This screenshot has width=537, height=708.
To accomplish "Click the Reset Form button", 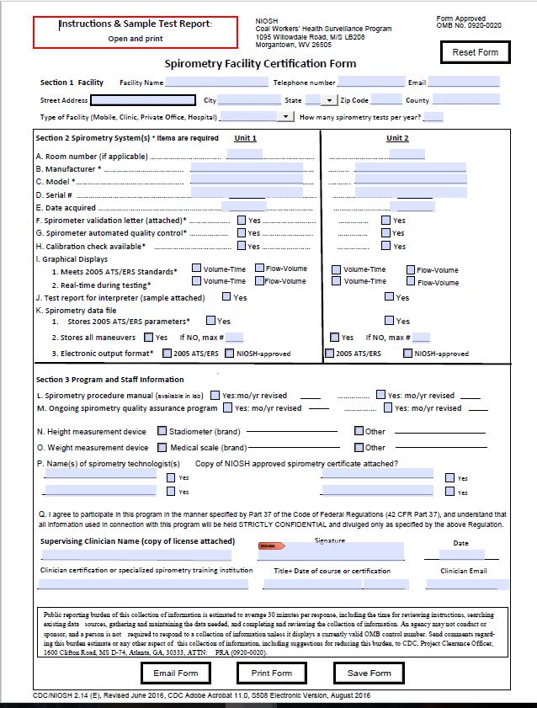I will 476,52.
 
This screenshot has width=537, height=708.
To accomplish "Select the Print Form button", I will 271,673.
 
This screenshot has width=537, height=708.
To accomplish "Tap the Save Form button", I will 369,673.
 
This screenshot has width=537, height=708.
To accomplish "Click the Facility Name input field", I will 216,83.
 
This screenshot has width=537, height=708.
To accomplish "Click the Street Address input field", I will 149,100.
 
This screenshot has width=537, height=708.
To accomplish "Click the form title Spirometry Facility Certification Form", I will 260,64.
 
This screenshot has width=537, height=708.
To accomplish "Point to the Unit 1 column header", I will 246,138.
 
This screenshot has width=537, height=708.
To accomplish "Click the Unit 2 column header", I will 397,138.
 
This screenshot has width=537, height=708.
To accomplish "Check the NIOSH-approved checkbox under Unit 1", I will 230,354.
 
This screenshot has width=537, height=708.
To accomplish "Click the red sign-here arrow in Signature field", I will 268,546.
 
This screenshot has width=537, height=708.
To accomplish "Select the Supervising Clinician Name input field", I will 136,555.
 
